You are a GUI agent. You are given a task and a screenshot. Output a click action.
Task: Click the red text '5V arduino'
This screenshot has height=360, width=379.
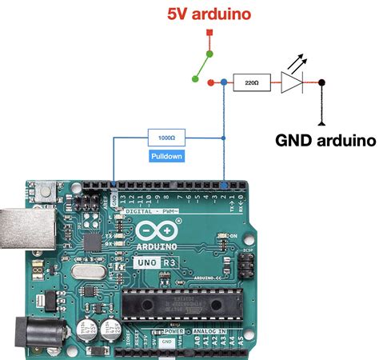[x=208, y=14]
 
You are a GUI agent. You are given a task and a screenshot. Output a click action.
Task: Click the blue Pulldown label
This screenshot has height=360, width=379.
[x=166, y=156]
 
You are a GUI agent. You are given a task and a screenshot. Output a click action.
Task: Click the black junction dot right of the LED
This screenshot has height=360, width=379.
[x=321, y=82]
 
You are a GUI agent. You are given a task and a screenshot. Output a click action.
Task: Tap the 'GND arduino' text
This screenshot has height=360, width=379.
[x=325, y=140]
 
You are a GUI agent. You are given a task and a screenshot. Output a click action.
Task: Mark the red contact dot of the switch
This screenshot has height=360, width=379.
[x=210, y=82]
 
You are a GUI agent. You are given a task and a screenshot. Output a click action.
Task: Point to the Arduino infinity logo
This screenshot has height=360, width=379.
[x=158, y=232]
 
